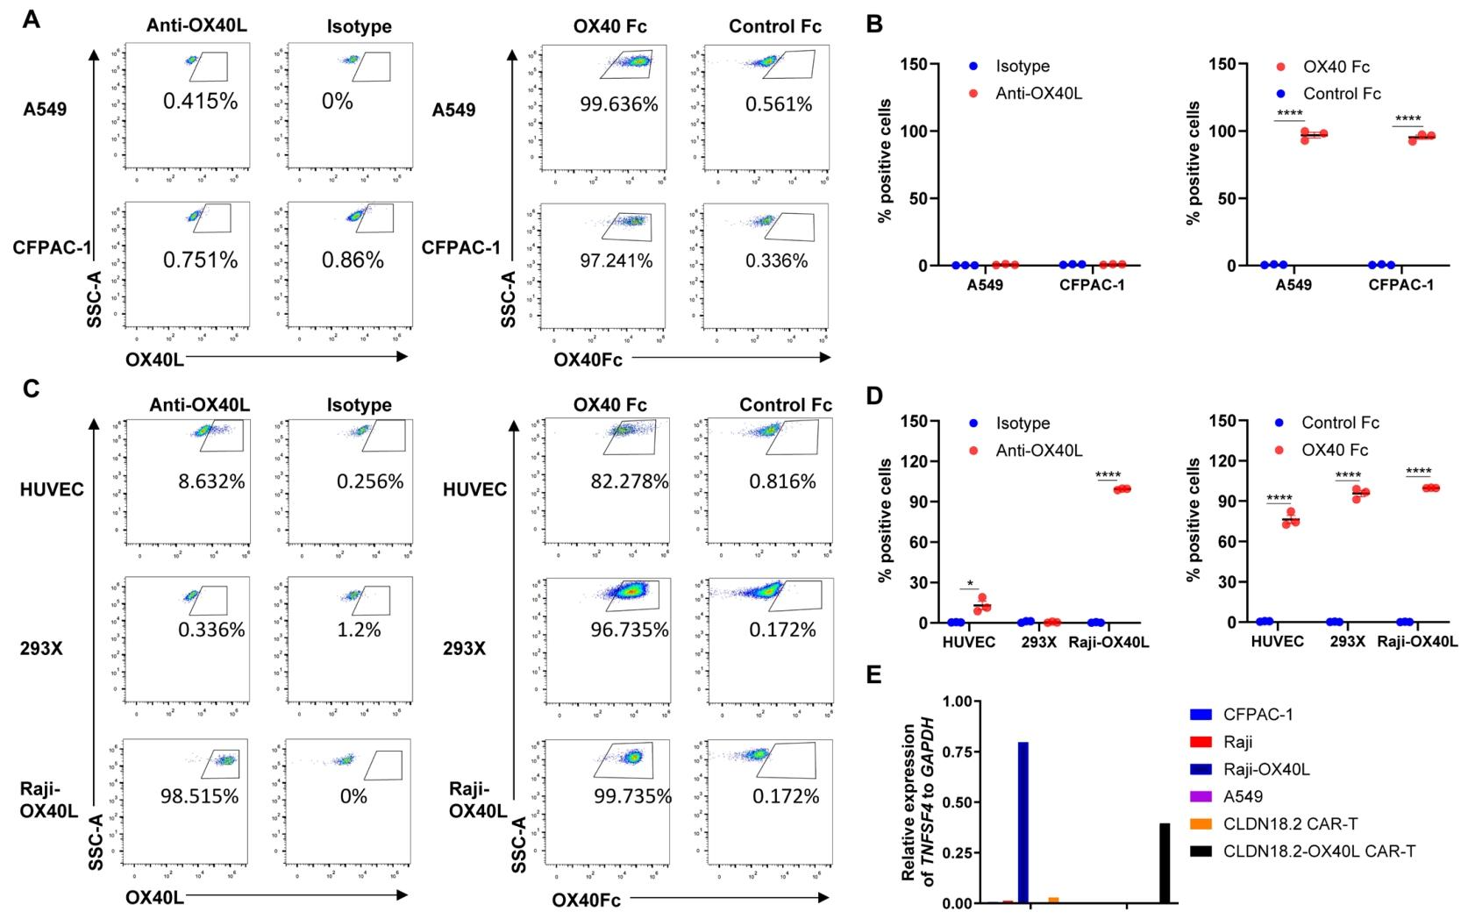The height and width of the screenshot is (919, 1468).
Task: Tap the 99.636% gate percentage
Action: (x=618, y=104)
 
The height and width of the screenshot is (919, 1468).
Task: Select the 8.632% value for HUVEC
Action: (x=210, y=481)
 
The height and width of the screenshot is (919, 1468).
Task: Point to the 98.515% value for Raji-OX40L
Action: (x=199, y=796)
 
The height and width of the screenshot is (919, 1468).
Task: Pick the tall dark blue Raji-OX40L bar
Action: (x=1023, y=823)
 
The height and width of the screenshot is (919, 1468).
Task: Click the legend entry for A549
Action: (x=1243, y=797)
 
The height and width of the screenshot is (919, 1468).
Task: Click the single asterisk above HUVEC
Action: (x=969, y=584)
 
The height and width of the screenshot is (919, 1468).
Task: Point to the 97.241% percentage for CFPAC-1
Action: (x=616, y=260)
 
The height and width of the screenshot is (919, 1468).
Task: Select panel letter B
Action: (x=874, y=25)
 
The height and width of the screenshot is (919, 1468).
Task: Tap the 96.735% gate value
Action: (x=629, y=630)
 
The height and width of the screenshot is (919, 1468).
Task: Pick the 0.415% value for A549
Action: (x=200, y=101)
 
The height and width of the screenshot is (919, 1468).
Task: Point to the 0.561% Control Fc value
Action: (x=779, y=104)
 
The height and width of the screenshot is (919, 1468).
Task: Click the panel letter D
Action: (x=874, y=396)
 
